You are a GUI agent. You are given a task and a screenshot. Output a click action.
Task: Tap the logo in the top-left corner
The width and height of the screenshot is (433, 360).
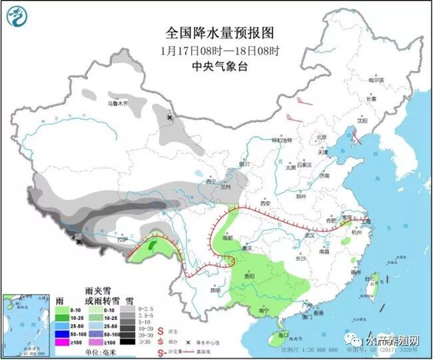click(x=18, y=17)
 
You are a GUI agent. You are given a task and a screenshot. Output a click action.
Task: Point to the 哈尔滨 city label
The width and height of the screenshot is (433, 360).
click(x=377, y=80)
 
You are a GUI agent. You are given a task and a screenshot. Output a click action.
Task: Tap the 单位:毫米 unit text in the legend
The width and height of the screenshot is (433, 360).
click(x=101, y=351)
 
